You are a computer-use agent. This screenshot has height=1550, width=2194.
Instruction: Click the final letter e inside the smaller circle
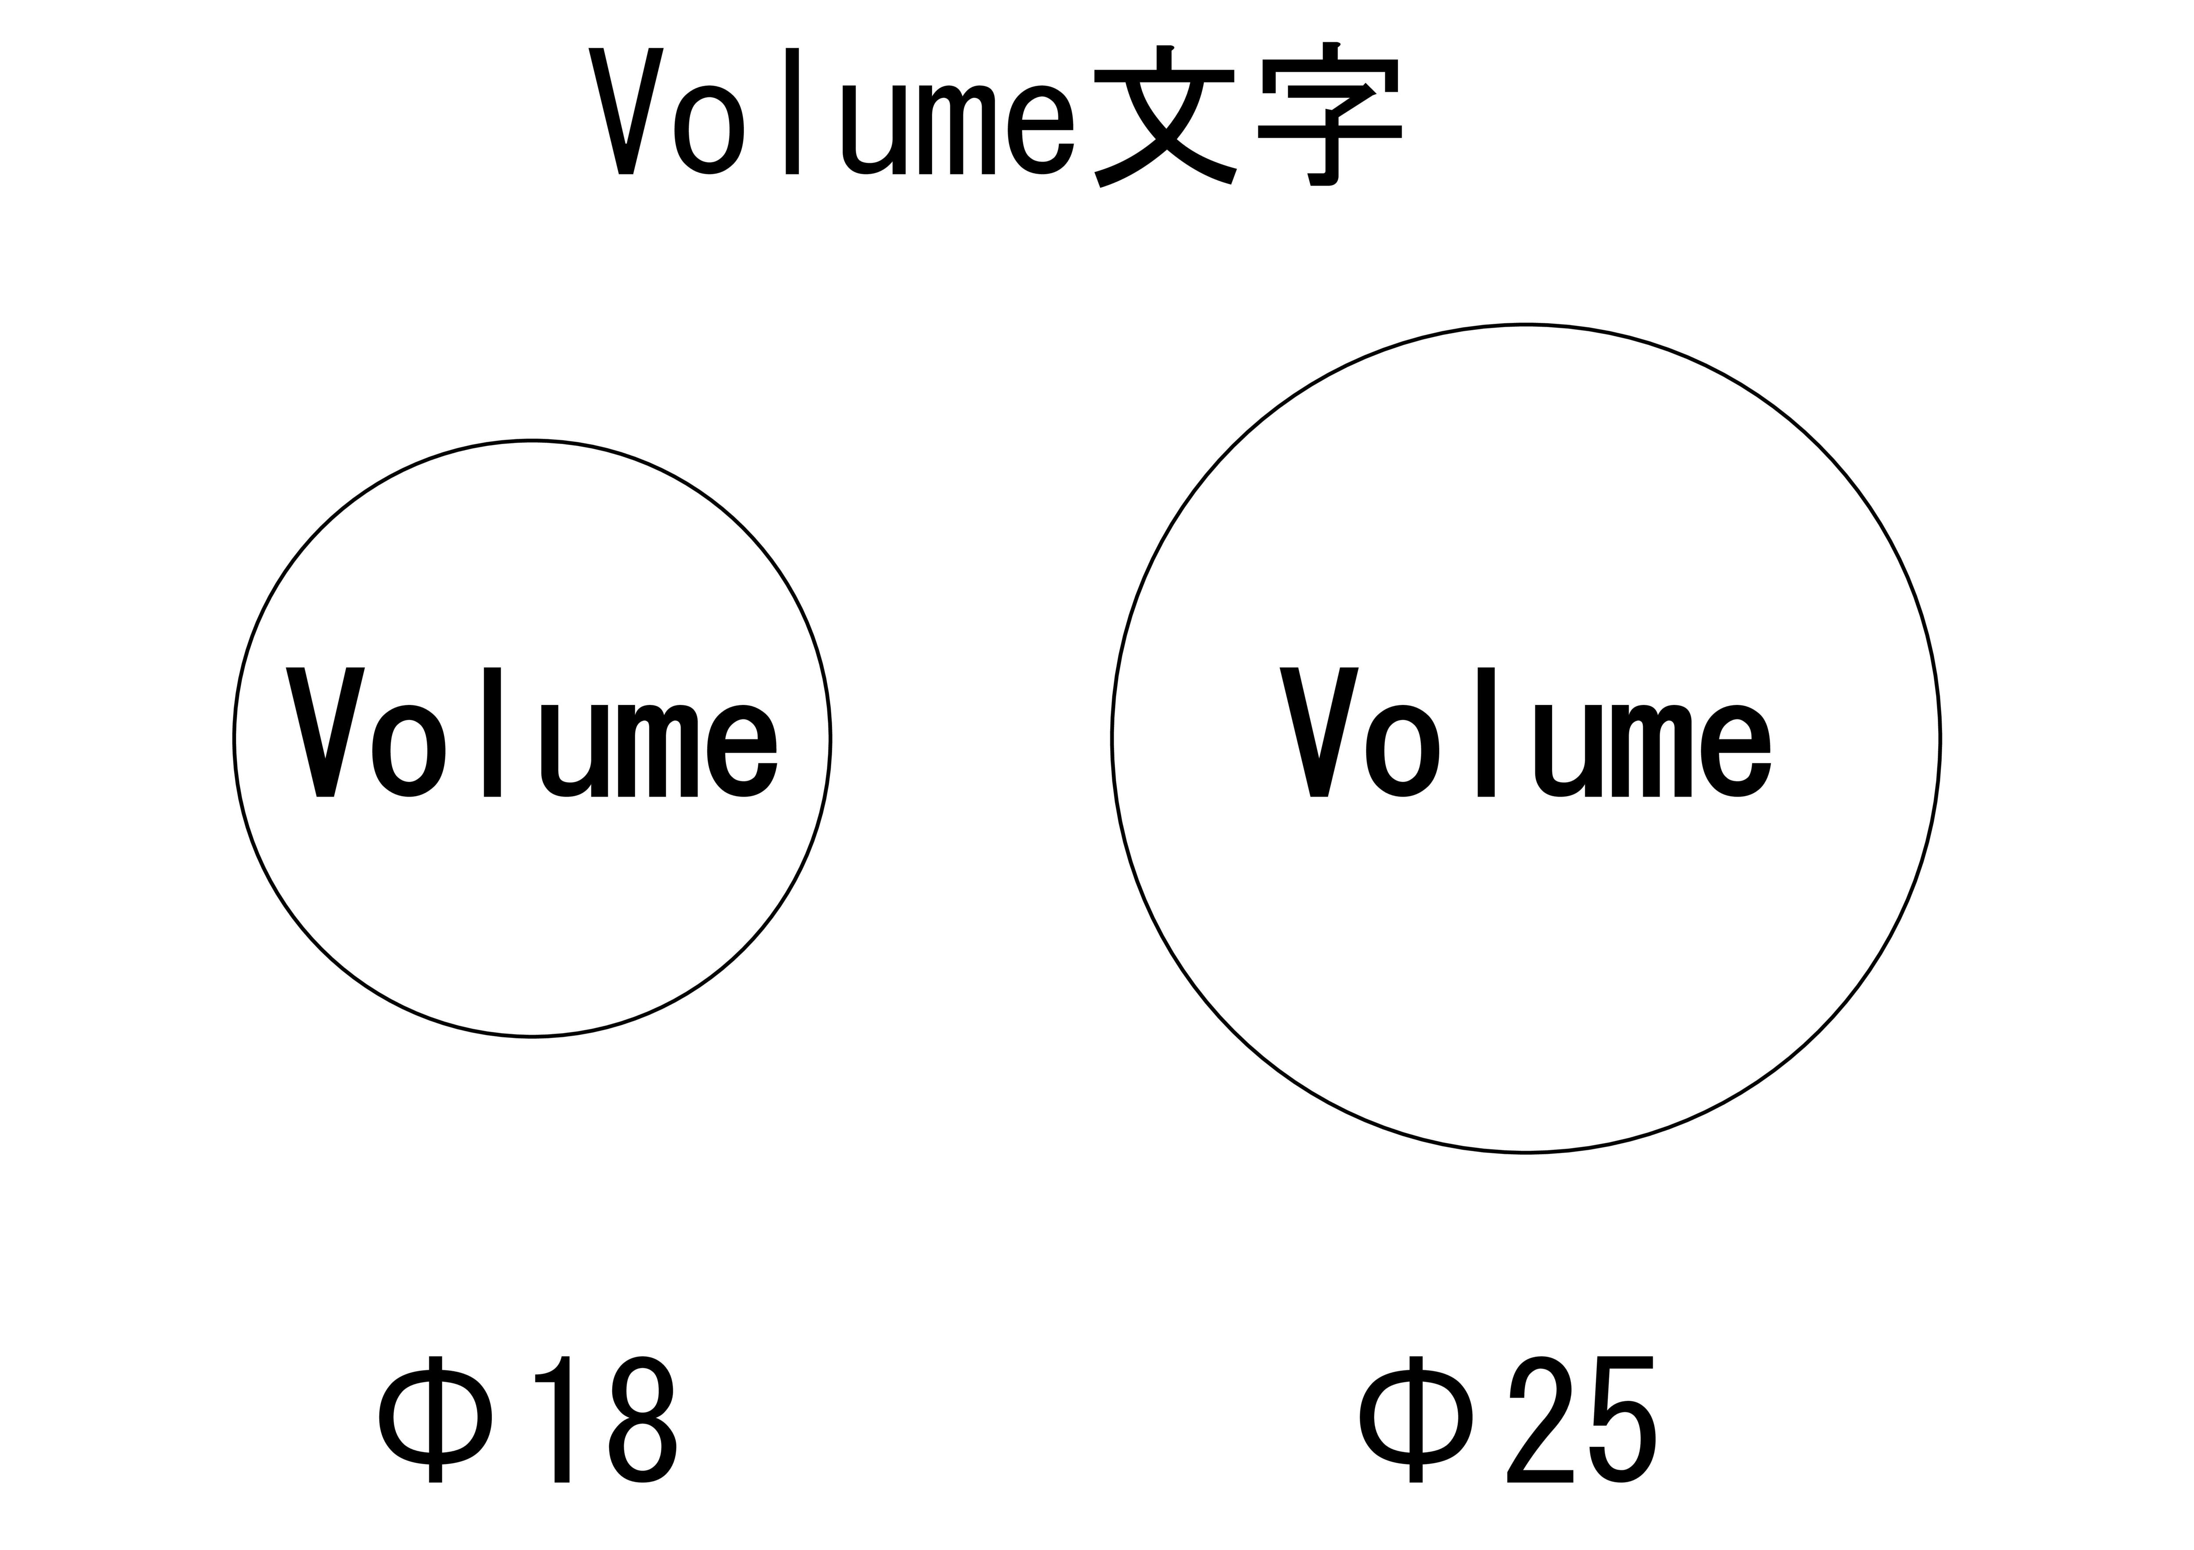click(x=742, y=751)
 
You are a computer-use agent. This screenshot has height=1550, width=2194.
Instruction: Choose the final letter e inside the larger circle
click(x=1736, y=751)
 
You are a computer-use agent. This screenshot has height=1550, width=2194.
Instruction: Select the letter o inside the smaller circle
click(x=409, y=751)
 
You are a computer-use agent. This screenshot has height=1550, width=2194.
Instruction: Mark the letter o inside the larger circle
click(x=1403, y=751)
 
